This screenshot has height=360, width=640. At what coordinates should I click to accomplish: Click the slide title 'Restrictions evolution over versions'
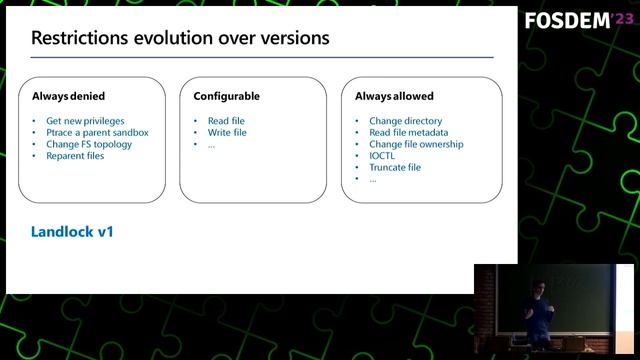[180, 39]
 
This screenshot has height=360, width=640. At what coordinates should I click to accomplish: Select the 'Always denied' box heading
[67, 96]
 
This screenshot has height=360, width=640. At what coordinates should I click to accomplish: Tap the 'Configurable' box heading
[226, 96]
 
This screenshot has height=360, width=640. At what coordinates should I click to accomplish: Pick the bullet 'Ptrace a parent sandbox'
[97, 132]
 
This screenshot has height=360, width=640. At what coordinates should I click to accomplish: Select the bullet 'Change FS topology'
[89, 144]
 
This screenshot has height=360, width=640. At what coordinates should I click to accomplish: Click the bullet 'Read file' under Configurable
[226, 121]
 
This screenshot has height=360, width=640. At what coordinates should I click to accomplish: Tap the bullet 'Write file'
[227, 132]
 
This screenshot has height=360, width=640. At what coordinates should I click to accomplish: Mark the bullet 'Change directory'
[405, 121]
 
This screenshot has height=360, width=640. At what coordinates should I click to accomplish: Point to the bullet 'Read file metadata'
[408, 132]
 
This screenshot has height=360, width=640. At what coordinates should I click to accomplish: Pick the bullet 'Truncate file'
[395, 167]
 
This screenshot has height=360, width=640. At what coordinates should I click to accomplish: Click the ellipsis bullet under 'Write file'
[211, 145]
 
